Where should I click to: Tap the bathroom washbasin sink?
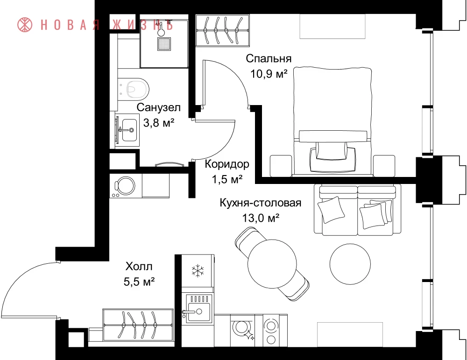[129, 130]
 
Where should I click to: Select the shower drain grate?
[163, 44]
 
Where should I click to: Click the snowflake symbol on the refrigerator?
[198, 271]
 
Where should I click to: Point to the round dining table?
[272, 264]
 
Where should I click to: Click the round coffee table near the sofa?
[350, 264]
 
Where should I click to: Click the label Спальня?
[269, 59]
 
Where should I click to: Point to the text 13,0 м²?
[261, 218]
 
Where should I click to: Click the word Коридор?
[227, 164]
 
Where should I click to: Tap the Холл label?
[139, 266]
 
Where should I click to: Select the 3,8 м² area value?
[159, 122]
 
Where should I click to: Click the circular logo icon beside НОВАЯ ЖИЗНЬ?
[25, 25]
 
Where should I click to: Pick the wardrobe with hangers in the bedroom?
[222, 30]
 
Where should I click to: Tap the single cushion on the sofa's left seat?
[331, 210]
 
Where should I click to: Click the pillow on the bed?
[333, 150]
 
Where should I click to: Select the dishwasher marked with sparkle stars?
[243, 330]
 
